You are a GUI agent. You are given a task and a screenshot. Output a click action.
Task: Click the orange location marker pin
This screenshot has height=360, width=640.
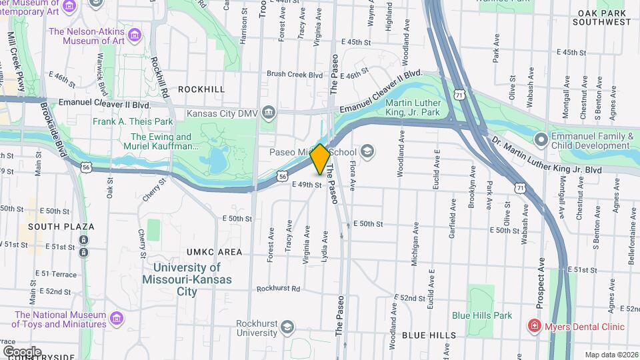[320, 159]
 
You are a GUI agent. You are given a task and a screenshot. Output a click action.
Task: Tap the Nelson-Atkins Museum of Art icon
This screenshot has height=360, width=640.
[135, 35]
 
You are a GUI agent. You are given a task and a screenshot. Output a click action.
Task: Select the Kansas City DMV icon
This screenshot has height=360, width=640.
[268, 113]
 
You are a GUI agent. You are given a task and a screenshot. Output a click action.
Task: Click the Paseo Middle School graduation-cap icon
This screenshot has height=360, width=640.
[366, 152]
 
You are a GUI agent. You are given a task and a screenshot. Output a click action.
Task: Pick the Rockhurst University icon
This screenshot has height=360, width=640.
[287, 327]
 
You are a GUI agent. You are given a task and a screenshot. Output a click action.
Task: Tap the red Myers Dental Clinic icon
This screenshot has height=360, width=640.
[533, 326]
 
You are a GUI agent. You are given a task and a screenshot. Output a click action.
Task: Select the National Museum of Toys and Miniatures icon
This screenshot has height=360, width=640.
[117, 317]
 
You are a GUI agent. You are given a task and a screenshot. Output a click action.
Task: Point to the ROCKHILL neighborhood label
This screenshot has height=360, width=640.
[201, 89]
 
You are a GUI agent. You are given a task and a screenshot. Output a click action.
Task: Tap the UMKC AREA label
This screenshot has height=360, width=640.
[214, 252]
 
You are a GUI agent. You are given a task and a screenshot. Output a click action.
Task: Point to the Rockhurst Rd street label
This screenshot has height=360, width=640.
[278, 289]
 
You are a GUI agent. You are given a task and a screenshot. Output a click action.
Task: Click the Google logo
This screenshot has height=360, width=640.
[22, 351]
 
